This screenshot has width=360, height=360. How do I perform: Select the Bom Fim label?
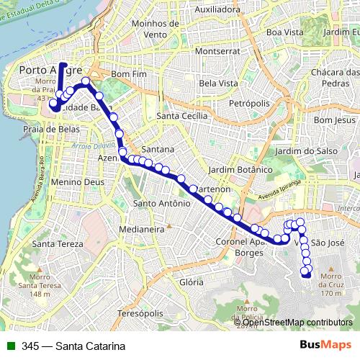click(130, 74)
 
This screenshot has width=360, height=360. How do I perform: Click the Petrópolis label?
click(248, 104)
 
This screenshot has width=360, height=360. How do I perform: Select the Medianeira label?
click(142, 228)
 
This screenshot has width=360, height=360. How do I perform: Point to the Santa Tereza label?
click(47, 244)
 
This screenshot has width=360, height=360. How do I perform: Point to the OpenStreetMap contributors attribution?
click(296, 323)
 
